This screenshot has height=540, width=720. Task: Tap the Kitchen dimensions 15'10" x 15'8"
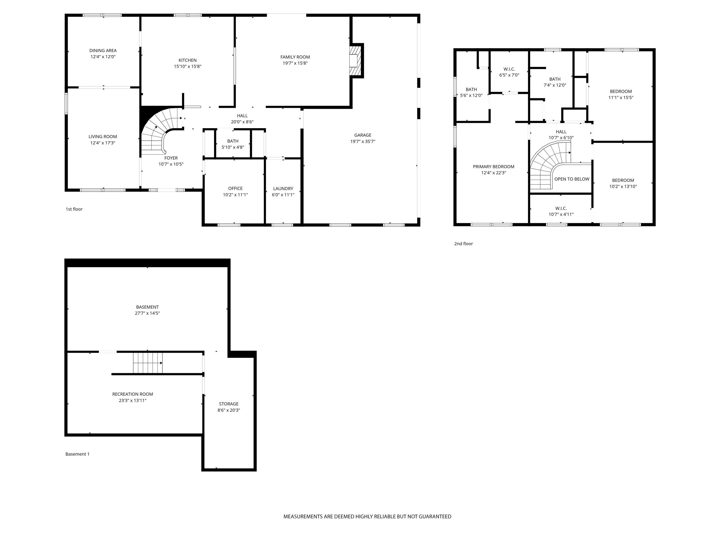point(187,66)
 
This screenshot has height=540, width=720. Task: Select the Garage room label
point(363,135)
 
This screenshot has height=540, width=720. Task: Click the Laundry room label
point(283,188)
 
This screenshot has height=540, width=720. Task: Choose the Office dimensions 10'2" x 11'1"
point(235,195)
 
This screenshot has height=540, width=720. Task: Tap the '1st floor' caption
point(74,209)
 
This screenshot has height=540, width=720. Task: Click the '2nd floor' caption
point(463,244)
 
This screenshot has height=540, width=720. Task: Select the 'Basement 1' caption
point(78,454)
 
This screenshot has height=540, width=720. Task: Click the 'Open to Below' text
point(572,179)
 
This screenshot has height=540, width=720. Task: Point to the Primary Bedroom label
point(493,167)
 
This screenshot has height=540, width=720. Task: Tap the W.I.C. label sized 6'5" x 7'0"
point(509,69)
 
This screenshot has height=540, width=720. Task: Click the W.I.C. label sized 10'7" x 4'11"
point(561,208)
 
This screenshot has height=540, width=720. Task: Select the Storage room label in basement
point(229,404)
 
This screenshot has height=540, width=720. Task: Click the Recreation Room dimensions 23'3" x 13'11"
point(132,400)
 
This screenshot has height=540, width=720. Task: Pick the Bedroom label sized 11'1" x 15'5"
point(621,91)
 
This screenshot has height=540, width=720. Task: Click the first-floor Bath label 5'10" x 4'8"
point(233,141)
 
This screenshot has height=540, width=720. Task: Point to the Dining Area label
point(103,50)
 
